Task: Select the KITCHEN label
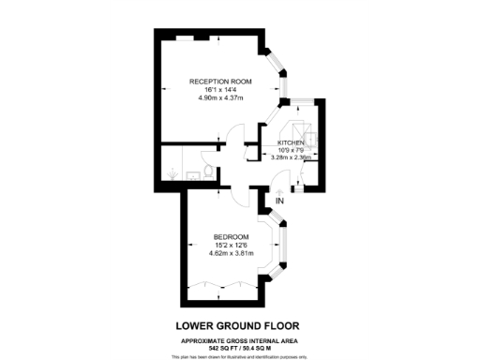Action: pyautogui.click(x=292, y=142)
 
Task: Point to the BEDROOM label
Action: pyautogui.click(x=231, y=235)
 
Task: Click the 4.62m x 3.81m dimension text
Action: pyautogui.click(x=231, y=251)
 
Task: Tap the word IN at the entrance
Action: pyautogui.click(x=278, y=197)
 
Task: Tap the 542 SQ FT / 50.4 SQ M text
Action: pyautogui.click(x=239, y=349)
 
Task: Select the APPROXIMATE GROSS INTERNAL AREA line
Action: pyautogui.click(x=239, y=340)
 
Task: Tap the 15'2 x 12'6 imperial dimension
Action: pyautogui.click(x=231, y=244)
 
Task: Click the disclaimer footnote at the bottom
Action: pyautogui.click(x=239, y=356)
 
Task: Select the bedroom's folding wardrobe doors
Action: pyautogui.click(x=222, y=282)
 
